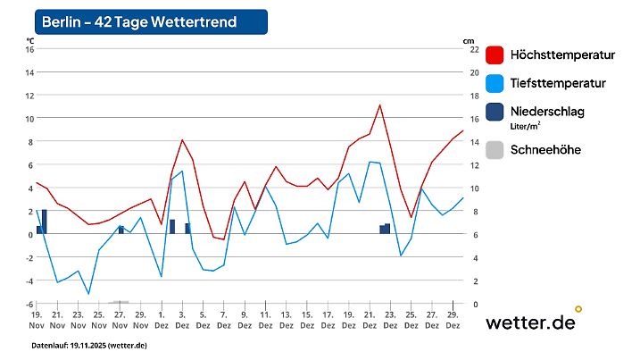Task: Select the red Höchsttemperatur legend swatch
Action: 495,54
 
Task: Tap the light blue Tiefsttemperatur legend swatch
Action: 495,83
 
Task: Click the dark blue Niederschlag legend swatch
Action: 495,112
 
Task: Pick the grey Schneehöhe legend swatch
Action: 495,150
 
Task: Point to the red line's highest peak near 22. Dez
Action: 380,105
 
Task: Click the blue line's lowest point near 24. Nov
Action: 88,293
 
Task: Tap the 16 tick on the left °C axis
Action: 29,49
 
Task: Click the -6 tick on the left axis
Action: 29,304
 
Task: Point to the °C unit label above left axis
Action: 30,40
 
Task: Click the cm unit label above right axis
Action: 468,40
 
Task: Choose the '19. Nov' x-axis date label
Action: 37,321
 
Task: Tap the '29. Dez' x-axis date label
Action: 453,321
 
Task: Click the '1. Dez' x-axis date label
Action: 162,321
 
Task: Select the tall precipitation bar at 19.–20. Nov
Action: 44,222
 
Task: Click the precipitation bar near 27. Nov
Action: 121,230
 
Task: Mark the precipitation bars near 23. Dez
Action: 385,229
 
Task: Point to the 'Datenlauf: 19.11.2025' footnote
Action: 89,345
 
